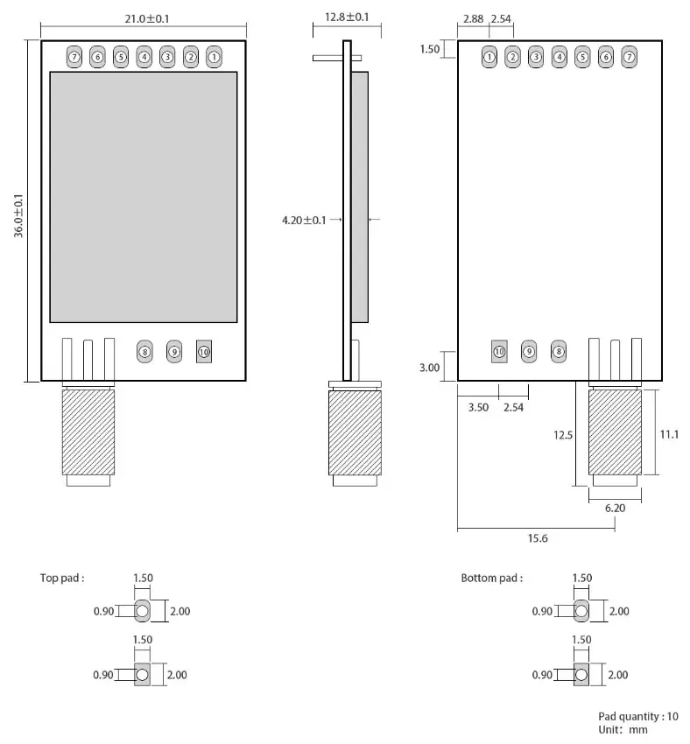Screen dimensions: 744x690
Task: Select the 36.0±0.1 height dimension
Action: coord(19,210)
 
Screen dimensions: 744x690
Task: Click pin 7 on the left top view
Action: coord(74,57)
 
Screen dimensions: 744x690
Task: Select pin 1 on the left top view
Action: coord(214,57)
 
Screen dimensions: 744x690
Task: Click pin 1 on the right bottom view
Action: coord(489,57)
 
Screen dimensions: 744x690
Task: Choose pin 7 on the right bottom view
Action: coord(629,57)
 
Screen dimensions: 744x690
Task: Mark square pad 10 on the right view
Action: coord(499,351)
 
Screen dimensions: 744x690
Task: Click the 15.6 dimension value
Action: coord(538,538)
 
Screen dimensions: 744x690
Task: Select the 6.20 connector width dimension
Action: coord(615,507)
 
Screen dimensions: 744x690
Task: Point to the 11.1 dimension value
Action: coord(670,433)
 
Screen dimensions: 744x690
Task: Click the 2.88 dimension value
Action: coord(474,18)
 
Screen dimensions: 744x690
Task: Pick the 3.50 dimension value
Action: coord(478,407)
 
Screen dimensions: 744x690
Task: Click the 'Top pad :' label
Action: coord(62,578)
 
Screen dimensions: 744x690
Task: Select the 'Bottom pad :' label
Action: coord(491,578)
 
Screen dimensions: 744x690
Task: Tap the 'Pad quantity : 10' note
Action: coord(638,716)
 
